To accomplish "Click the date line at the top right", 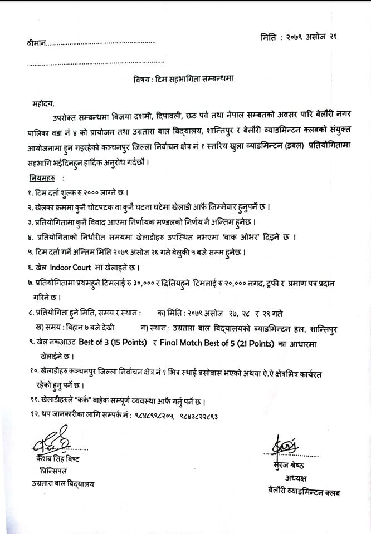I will [x=298, y=37].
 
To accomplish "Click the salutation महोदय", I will [x=44, y=103].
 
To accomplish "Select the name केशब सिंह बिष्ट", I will [x=57, y=459].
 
